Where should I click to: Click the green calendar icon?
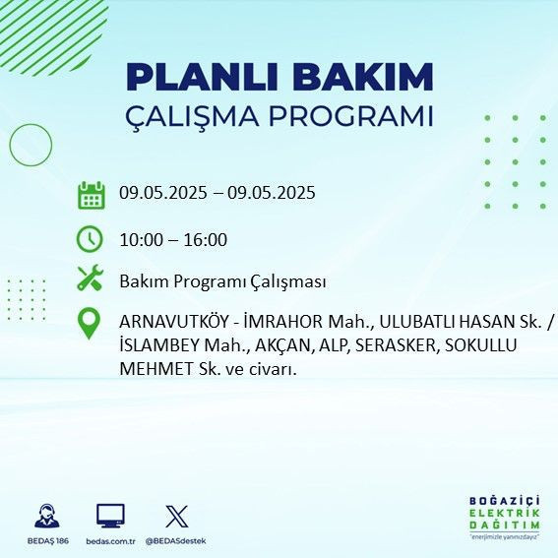point(91,194)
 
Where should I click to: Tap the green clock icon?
point(91,239)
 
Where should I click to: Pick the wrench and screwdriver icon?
point(91,280)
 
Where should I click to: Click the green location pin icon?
point(90,324)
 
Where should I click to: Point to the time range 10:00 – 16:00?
point(173,240)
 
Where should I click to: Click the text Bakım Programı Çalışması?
point(222,281)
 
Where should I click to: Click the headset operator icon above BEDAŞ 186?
point(45,515)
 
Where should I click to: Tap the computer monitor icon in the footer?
point(109,515)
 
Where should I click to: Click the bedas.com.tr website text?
point(109,541)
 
